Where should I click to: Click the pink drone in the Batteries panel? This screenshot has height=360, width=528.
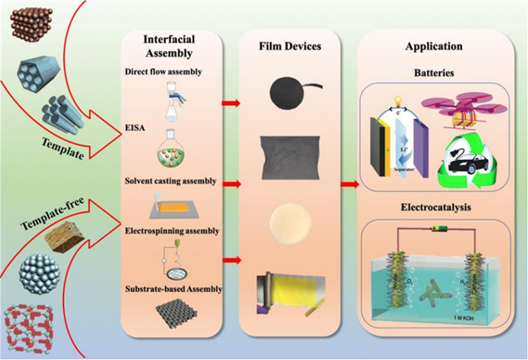[477, 105]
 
